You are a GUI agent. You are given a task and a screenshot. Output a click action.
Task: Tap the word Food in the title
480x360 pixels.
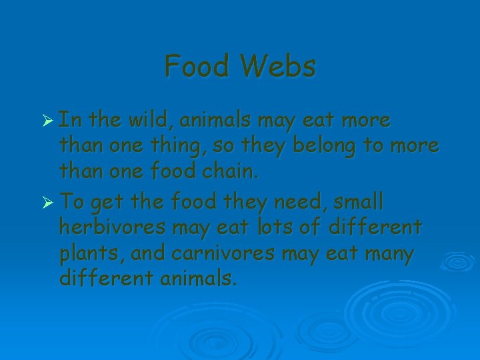click(198, 66)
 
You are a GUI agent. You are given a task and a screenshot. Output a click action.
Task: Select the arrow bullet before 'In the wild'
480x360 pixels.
click(47, 121)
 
